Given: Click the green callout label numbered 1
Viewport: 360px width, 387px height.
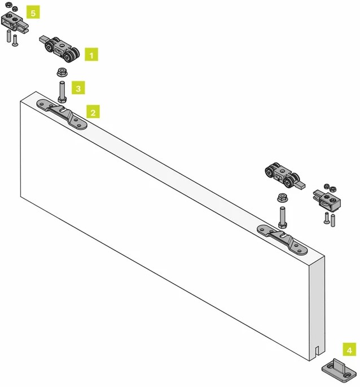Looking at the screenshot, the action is (x=91, y=55).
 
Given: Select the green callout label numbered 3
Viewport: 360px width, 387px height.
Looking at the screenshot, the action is (x=78, y=88).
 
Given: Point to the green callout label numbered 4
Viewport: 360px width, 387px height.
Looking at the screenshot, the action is (x=349, y=350).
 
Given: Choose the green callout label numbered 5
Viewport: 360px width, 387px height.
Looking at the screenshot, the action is (x=33, y=12).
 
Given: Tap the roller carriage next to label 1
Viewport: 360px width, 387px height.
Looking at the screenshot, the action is (x=59, y=49).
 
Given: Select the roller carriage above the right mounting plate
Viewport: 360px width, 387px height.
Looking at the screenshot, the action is (x=285, y=176).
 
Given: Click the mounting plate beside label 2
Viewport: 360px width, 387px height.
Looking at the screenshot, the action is (x=62, y=114).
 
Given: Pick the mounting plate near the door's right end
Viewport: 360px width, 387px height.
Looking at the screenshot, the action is (x=282, y=240).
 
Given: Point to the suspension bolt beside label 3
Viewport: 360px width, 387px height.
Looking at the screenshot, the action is (x=62, y=92).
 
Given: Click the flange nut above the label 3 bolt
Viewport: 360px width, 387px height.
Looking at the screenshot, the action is (x=61, y=72).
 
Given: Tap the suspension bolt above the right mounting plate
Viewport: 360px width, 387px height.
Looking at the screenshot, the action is (x=283, y=217).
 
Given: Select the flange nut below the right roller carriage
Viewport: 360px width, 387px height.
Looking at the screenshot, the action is (x=282, y=197).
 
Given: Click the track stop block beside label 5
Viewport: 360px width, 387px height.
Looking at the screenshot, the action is (x=14, y=21).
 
